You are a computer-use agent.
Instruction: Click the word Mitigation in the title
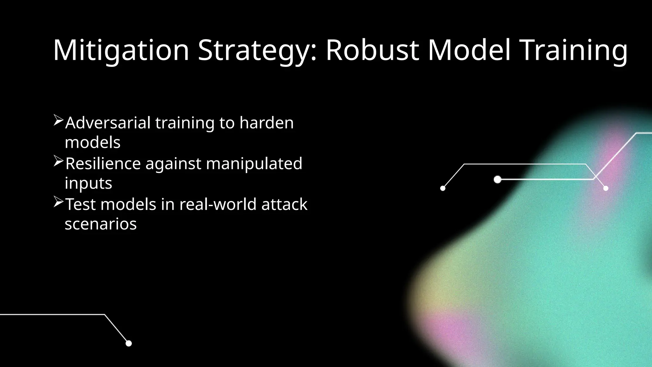[x=121, y=50]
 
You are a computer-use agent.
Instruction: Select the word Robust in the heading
[x=372, y=50]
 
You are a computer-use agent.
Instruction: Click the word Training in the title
[x=573, y=50]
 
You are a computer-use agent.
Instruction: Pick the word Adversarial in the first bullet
[x=108, y=123]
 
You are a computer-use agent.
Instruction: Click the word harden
[x=266, y=123]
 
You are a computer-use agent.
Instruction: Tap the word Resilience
[x=103, y=163]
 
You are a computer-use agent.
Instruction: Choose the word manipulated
[x=254, y=163]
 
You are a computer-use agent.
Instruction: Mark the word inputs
[x=88, y=183]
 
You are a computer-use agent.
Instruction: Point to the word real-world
[x=218, y=204]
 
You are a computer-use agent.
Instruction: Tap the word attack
[x=284, y=204]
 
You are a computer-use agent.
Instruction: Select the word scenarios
[x=101, y=224]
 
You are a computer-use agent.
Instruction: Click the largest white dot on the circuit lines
[x=498, y=180]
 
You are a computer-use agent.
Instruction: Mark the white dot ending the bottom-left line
[x=129, y=343]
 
